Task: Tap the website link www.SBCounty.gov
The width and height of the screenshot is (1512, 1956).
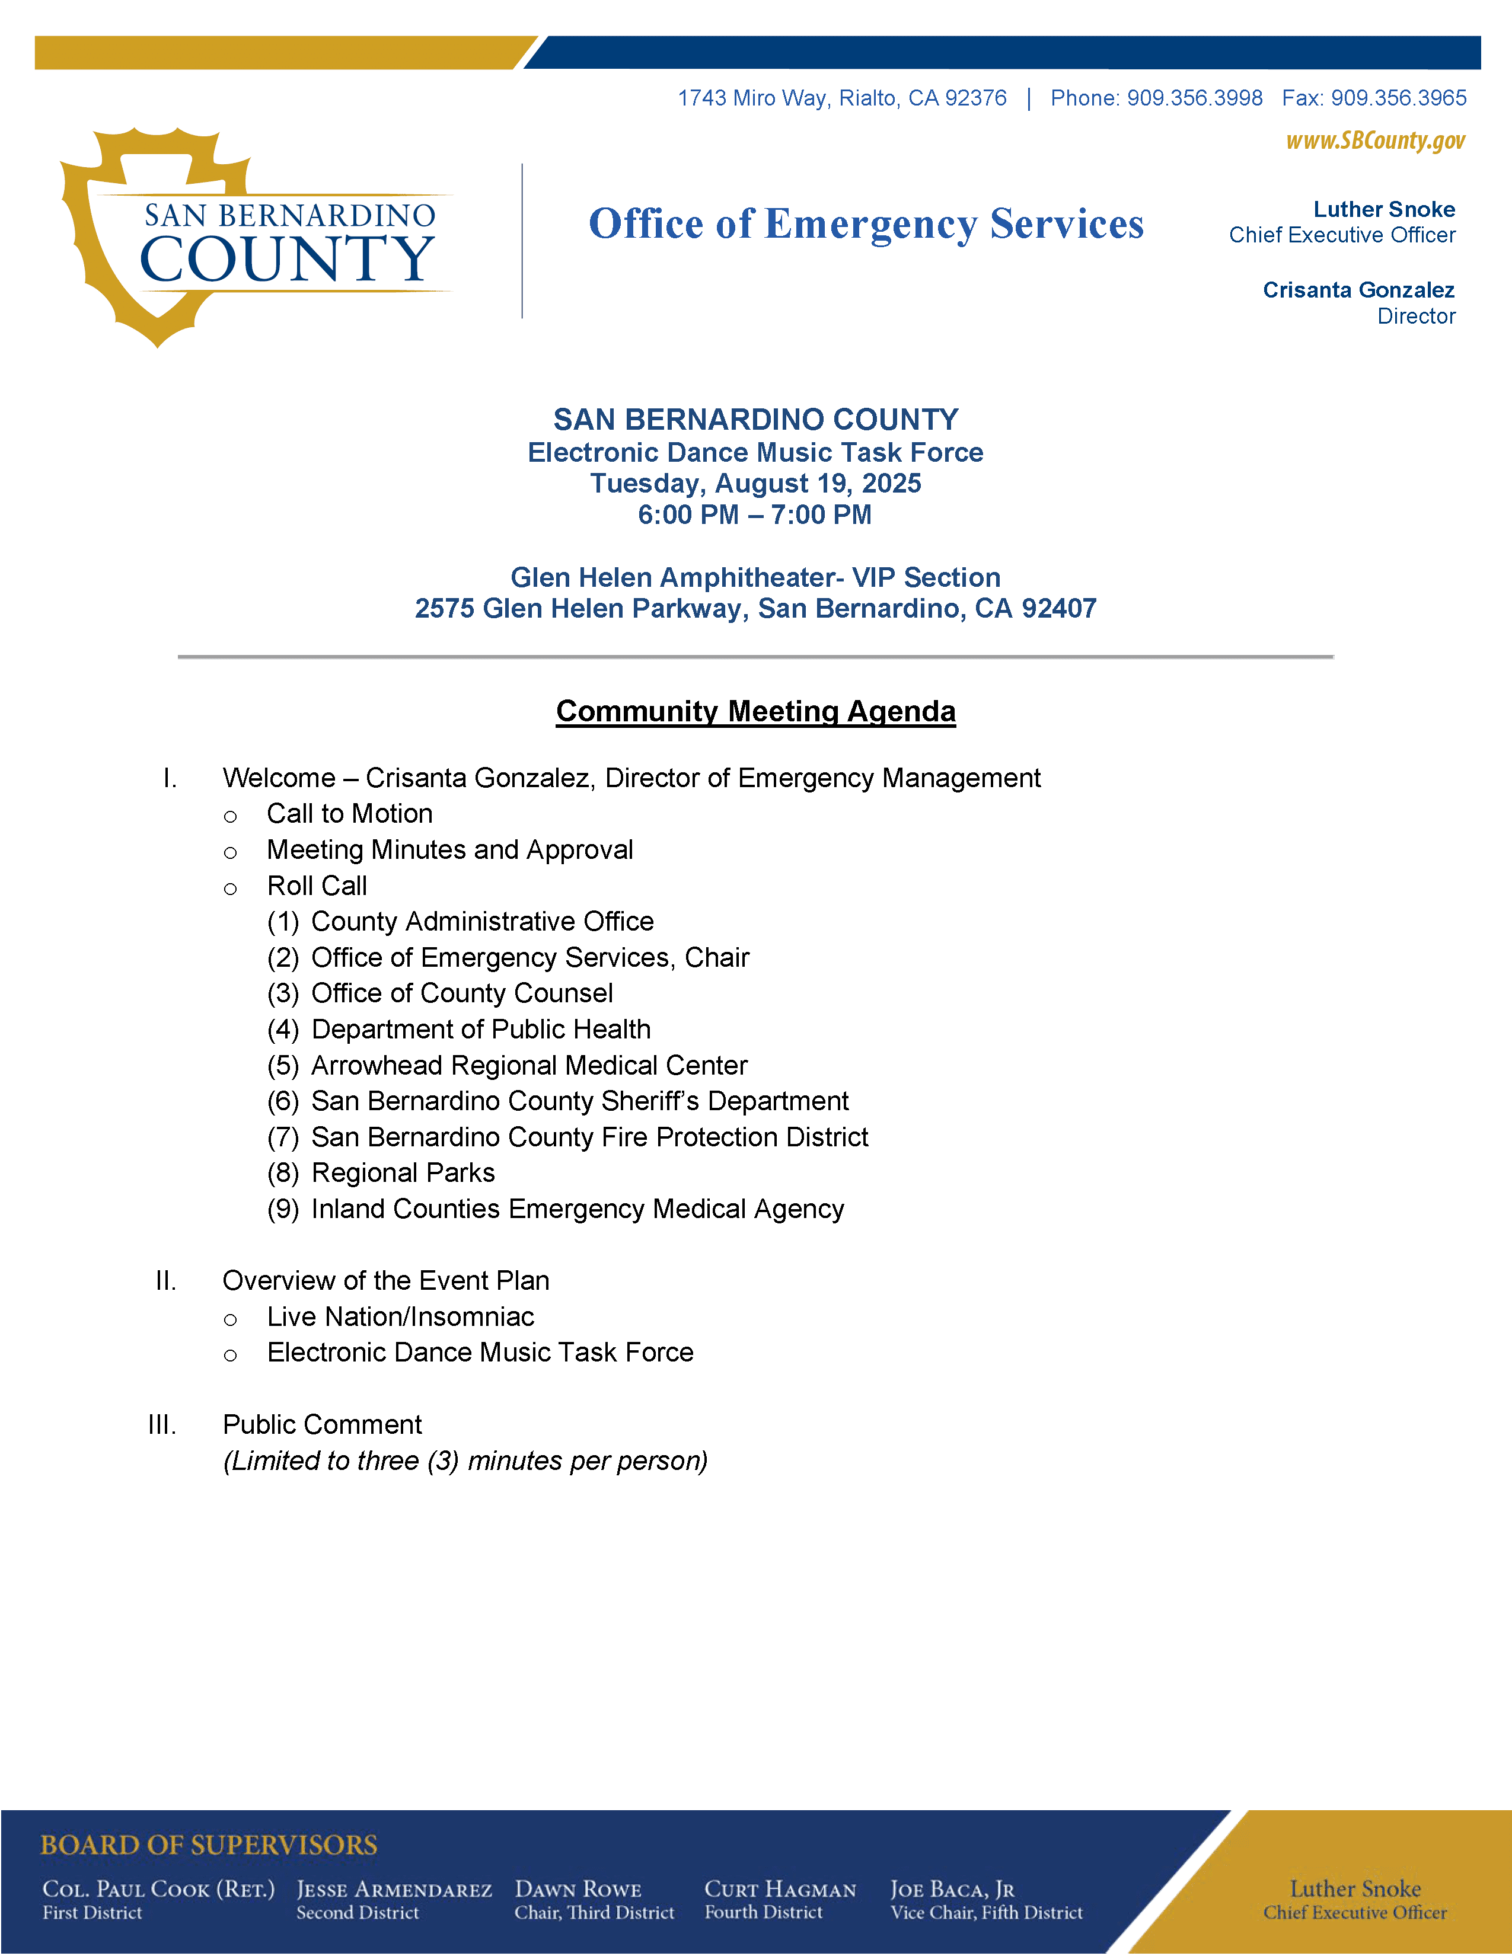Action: [x=1375, y=140]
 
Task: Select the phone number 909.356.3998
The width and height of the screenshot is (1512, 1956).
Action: [x=1194, y=98]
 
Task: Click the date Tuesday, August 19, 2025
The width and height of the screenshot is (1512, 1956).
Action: [x=755, y=484]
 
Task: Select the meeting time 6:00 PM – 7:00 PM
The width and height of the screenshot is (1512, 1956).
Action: [x=754, y=515]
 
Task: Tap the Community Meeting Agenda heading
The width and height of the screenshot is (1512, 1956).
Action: [x=755, y=711]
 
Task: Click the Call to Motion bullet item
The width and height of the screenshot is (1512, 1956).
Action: [x=349, y=814]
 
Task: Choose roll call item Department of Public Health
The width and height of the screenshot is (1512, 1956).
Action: [x=480, y=1030]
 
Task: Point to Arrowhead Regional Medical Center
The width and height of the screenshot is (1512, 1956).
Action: [x=528, y=1066]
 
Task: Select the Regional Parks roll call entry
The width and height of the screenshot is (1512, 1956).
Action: [x=403, y=1173]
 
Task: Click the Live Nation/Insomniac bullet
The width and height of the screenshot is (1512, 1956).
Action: [x=400, y=1318]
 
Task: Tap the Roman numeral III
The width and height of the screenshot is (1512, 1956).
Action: [x=162, y=1425]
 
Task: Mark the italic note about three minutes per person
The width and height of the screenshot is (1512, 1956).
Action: [x=465, y=1462]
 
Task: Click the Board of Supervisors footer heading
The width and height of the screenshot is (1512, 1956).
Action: [x=209, y=1846]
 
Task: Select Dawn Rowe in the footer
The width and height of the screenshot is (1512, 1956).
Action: [x=578, y=1890]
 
